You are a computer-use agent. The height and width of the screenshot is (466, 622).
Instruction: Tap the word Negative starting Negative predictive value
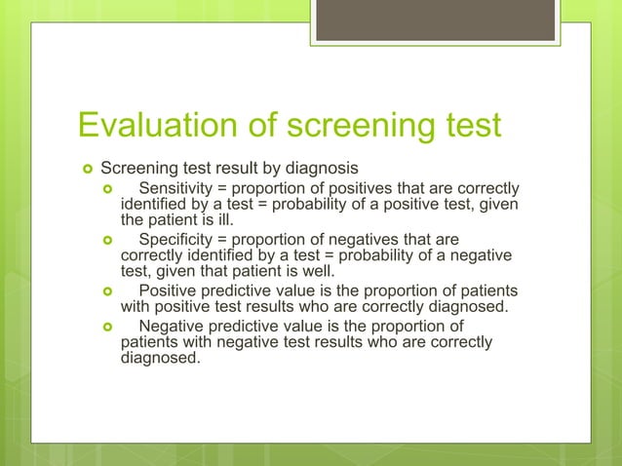(x=174, y=327)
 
